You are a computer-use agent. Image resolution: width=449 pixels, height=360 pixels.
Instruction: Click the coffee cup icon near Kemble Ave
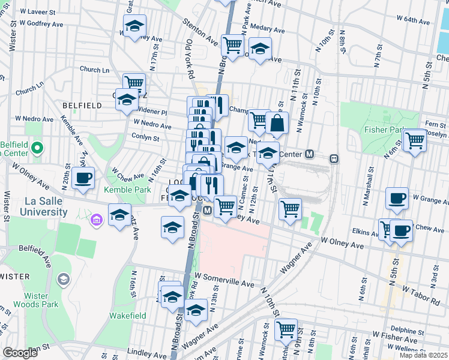tap(83, 178)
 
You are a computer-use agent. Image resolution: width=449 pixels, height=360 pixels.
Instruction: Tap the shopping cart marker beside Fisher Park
tap(415, 141)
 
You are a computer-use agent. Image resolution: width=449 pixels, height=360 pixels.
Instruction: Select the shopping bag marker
tap(277, 124)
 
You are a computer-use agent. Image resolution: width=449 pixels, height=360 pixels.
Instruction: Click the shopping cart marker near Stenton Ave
tap(232, 44)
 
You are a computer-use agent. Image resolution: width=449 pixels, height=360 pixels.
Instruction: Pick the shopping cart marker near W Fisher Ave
tap(286, 329)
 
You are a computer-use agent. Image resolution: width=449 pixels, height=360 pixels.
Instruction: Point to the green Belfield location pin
tap(37, 147)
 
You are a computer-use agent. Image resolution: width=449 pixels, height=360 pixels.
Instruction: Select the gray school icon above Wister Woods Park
tap(63, 279)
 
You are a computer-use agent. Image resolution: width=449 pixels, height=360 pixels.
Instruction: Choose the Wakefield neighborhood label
tap(128, 315)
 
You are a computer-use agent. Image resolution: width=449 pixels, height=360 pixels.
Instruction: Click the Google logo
tap(19, 353)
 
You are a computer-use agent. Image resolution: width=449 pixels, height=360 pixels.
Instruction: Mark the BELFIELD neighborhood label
tap(82, 106)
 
